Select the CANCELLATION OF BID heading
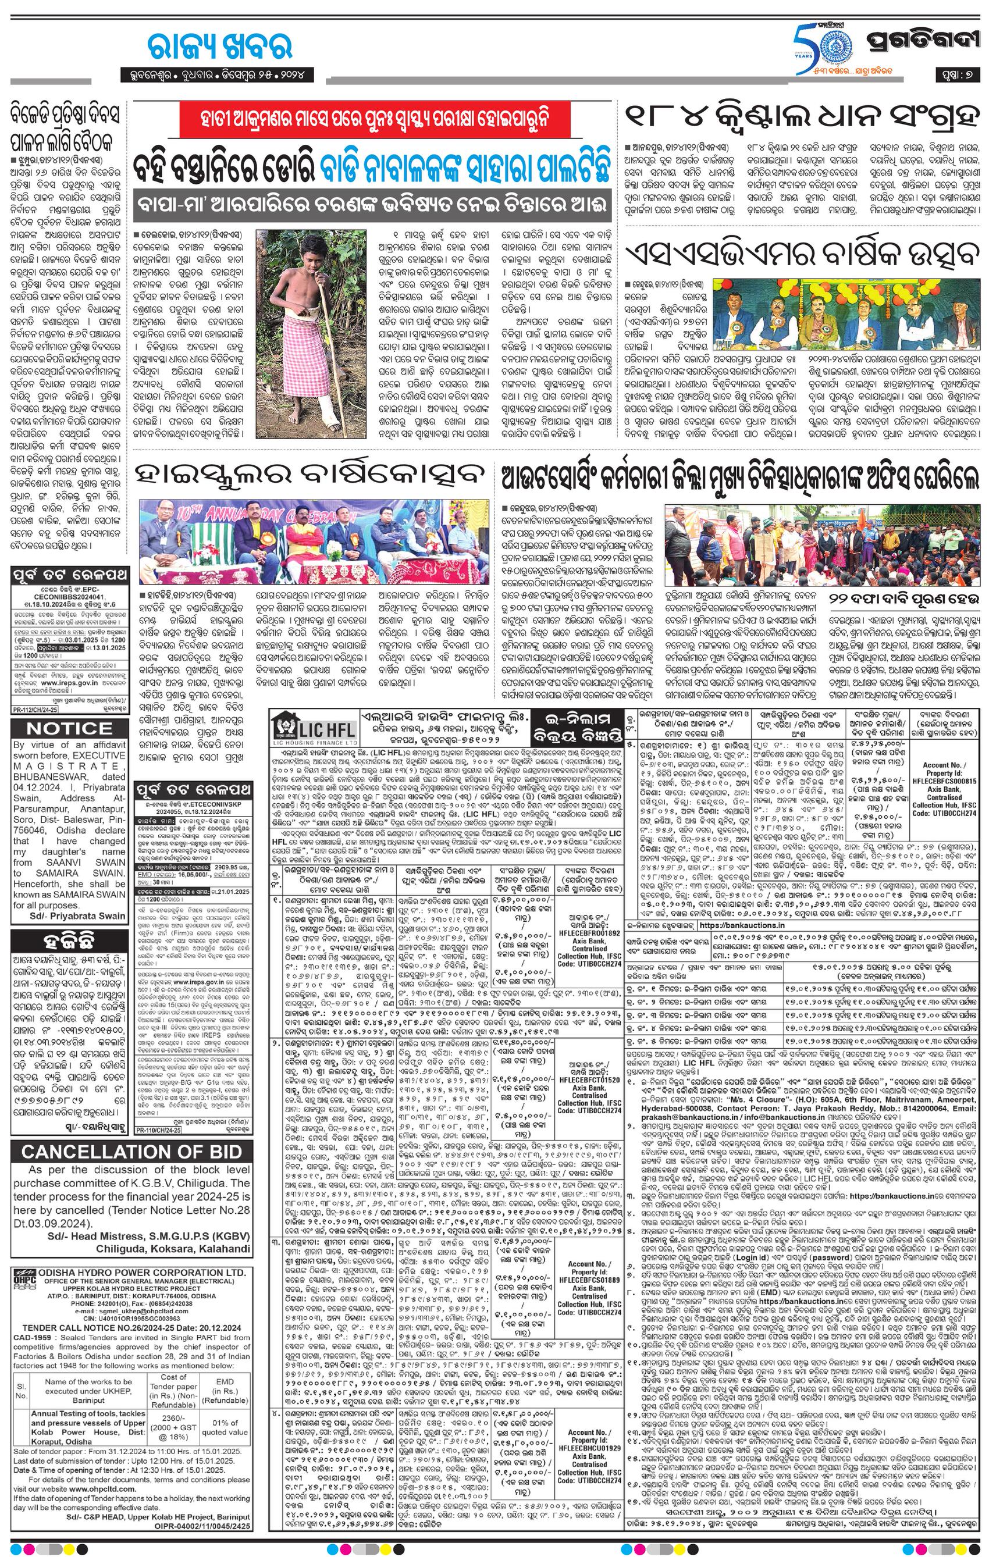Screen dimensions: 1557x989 click(131, 1151)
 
